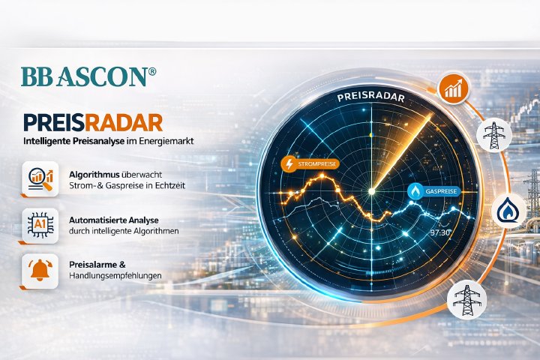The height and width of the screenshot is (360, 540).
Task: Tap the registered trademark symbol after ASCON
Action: click(152, 70)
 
